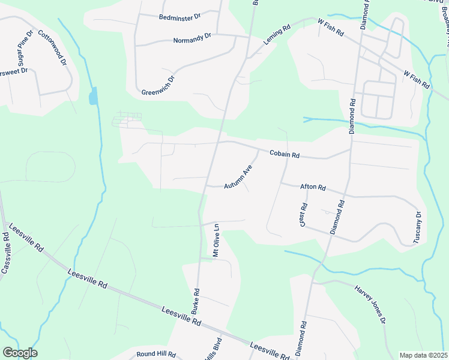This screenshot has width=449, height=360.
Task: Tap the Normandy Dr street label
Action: point(192,38)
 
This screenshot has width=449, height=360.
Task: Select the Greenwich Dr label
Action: point(158,85)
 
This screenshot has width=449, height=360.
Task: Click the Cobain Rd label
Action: point(284,154)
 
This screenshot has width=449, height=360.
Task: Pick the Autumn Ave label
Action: point(238,178)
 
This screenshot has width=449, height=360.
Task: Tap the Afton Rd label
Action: point(312,187)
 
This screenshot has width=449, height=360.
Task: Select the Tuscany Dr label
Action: point(418,227)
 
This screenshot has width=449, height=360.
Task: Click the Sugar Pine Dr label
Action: point(23,52)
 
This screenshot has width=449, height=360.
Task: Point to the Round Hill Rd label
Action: point(155,355)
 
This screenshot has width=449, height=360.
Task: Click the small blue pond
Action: point(92,96)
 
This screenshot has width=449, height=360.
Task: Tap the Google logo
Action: point(20,353)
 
